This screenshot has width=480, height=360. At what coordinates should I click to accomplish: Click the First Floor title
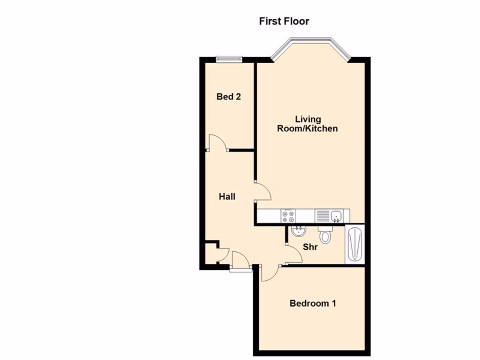pyautogui.click(x=284, y=21)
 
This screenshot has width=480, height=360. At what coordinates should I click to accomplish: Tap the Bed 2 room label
pyautogui.click(x=229, y=97)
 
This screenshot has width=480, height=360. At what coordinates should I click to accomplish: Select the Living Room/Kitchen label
pyautogui.click(x=307, y=124)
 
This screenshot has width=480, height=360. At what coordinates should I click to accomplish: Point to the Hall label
pyautogui.click(x=227, y=197)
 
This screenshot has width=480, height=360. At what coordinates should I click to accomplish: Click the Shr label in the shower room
pyautogui.click(x=310, y=247)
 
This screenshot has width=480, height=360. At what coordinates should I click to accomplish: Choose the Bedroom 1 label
pyautogui.click(x=313, y=303)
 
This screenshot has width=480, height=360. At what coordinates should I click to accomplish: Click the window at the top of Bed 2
pyautogui.click(x=229, y=59)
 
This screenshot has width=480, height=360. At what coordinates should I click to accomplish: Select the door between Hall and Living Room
pyautogui.click(x=262, y=191)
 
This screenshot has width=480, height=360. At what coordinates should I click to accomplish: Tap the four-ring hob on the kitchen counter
pyautogui.click(x=288, y=216)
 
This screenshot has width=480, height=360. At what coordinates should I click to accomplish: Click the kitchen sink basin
pyautogui.click(x=336, y=216)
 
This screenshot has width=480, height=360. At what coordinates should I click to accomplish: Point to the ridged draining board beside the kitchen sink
pyautogui.click(x=323, y=216)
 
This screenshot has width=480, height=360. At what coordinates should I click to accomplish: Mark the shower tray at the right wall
pyautogui.click(x=354, y=244)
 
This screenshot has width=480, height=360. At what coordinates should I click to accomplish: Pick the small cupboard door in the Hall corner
pyautogui.click(x=223, y=255)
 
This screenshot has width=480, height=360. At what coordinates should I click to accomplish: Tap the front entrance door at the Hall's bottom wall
pyautogui.click(x=240, y=260)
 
